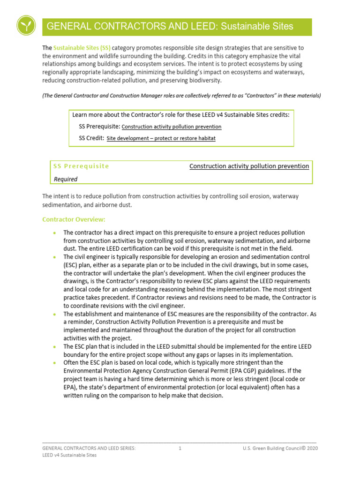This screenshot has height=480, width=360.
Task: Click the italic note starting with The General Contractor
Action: coord(181,96)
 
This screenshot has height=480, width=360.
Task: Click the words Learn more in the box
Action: coord(87,115)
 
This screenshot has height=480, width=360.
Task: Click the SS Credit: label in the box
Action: coord(91,138)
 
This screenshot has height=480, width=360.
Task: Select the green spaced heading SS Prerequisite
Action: coord(81,166)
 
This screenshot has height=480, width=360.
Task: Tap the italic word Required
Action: coord(65,179)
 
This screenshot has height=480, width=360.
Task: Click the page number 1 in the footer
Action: coord(180,448)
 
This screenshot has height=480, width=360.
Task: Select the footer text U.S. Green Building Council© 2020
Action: coord(280,448)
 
